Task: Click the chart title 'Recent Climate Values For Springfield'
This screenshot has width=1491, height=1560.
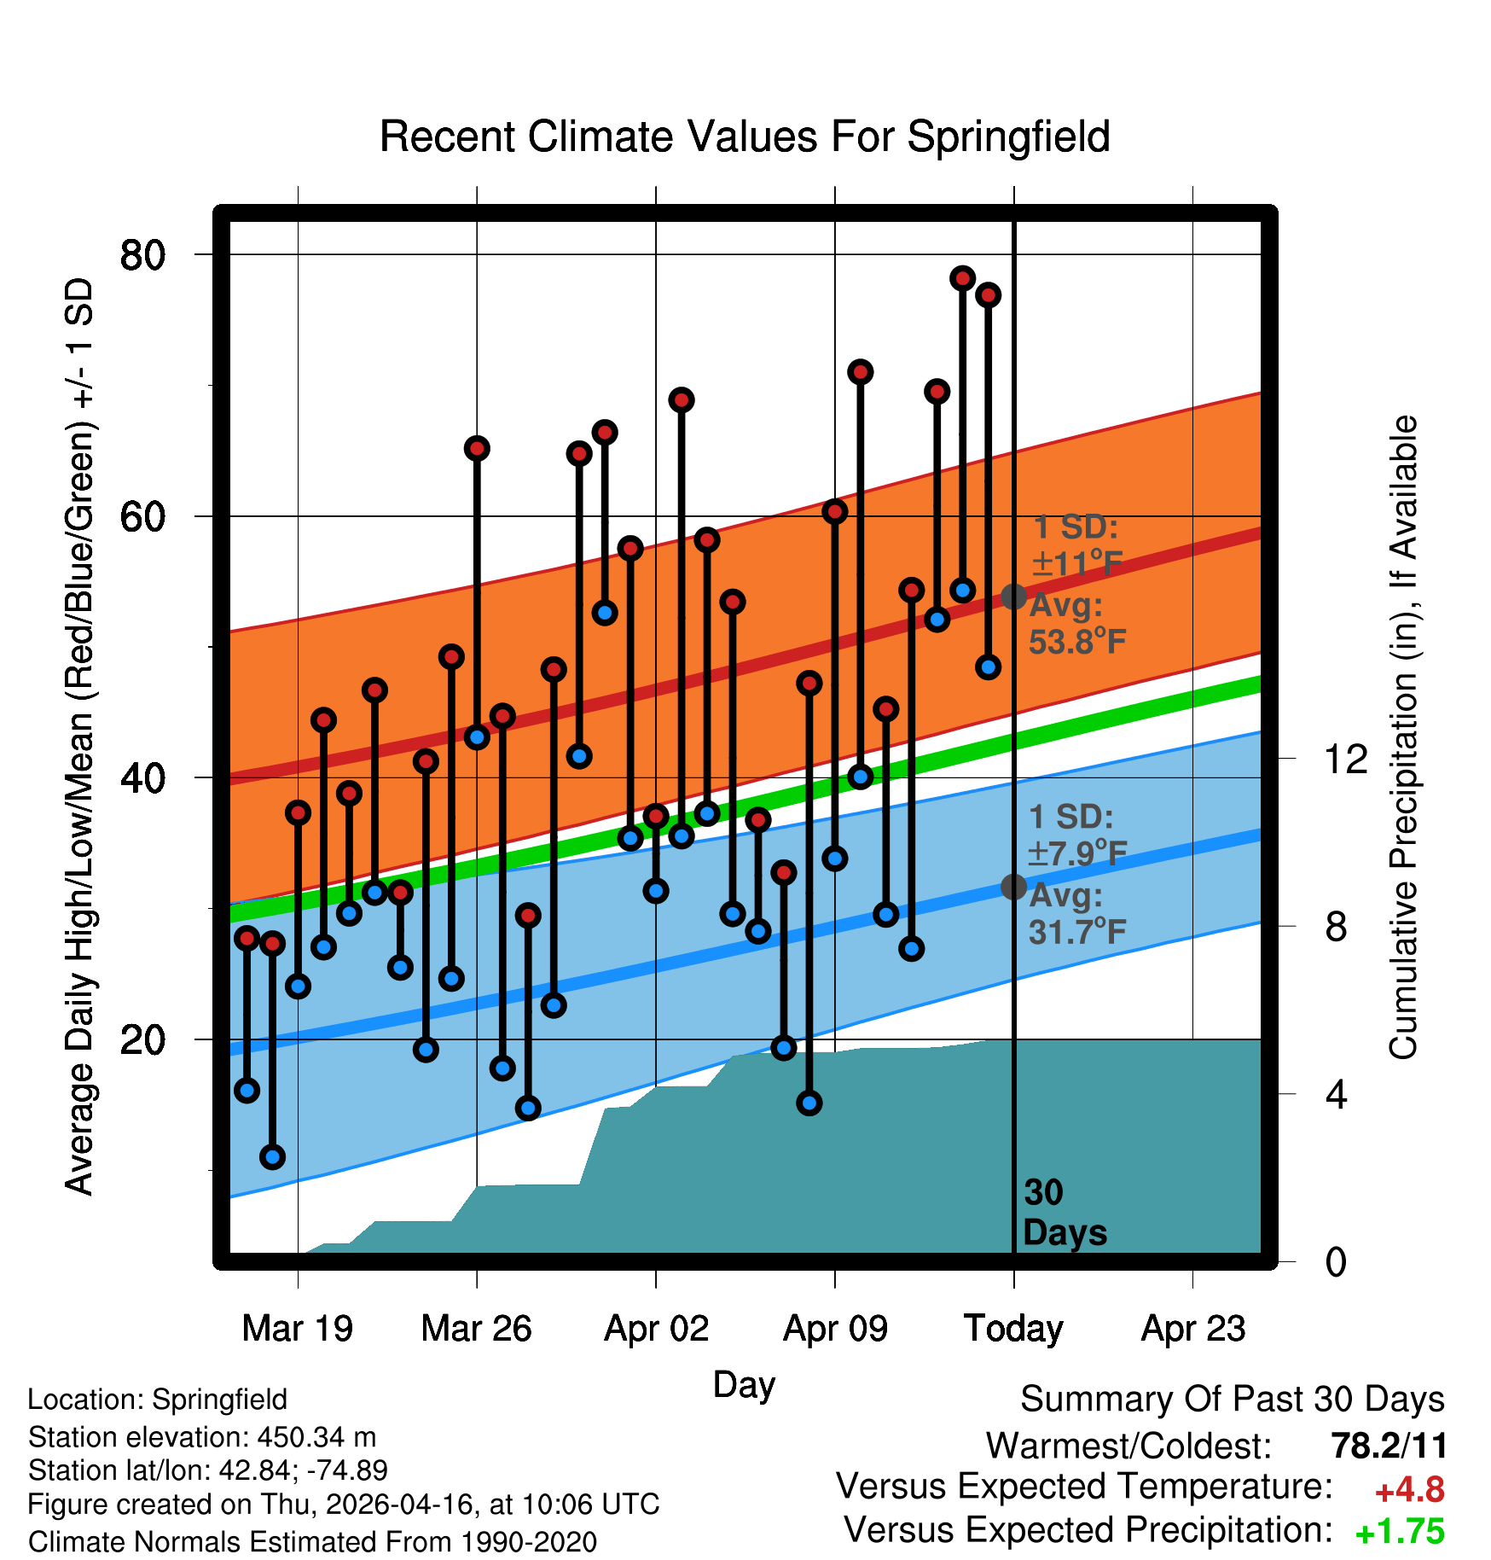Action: (745, 137)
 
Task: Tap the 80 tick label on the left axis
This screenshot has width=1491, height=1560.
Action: (143, 254)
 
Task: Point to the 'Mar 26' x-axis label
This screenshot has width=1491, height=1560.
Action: (476, 1329)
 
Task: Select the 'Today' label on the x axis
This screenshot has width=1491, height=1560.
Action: (1013, 1329)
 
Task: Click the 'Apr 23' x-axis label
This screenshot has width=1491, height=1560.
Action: (1193, 1329)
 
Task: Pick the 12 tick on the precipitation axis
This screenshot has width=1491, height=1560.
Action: (1345, 759)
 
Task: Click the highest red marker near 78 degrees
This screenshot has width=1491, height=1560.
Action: (963, 278)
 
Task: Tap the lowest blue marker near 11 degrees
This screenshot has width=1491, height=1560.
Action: (272, 1157)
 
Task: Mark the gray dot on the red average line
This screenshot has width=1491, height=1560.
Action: (1013, 597)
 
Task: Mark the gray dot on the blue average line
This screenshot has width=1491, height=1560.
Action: (1013, 888)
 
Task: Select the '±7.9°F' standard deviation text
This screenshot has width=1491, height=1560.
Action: (1078, 853)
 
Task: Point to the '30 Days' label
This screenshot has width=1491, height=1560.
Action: (1065, 1213)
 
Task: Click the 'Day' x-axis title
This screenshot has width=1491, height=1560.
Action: (744, 1384)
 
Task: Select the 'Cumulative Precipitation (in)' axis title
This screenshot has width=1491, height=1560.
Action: (1403, 737)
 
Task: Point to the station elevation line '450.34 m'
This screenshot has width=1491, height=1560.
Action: (202, 1437)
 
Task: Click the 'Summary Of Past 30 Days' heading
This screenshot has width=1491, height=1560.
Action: (1233, 1400)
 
